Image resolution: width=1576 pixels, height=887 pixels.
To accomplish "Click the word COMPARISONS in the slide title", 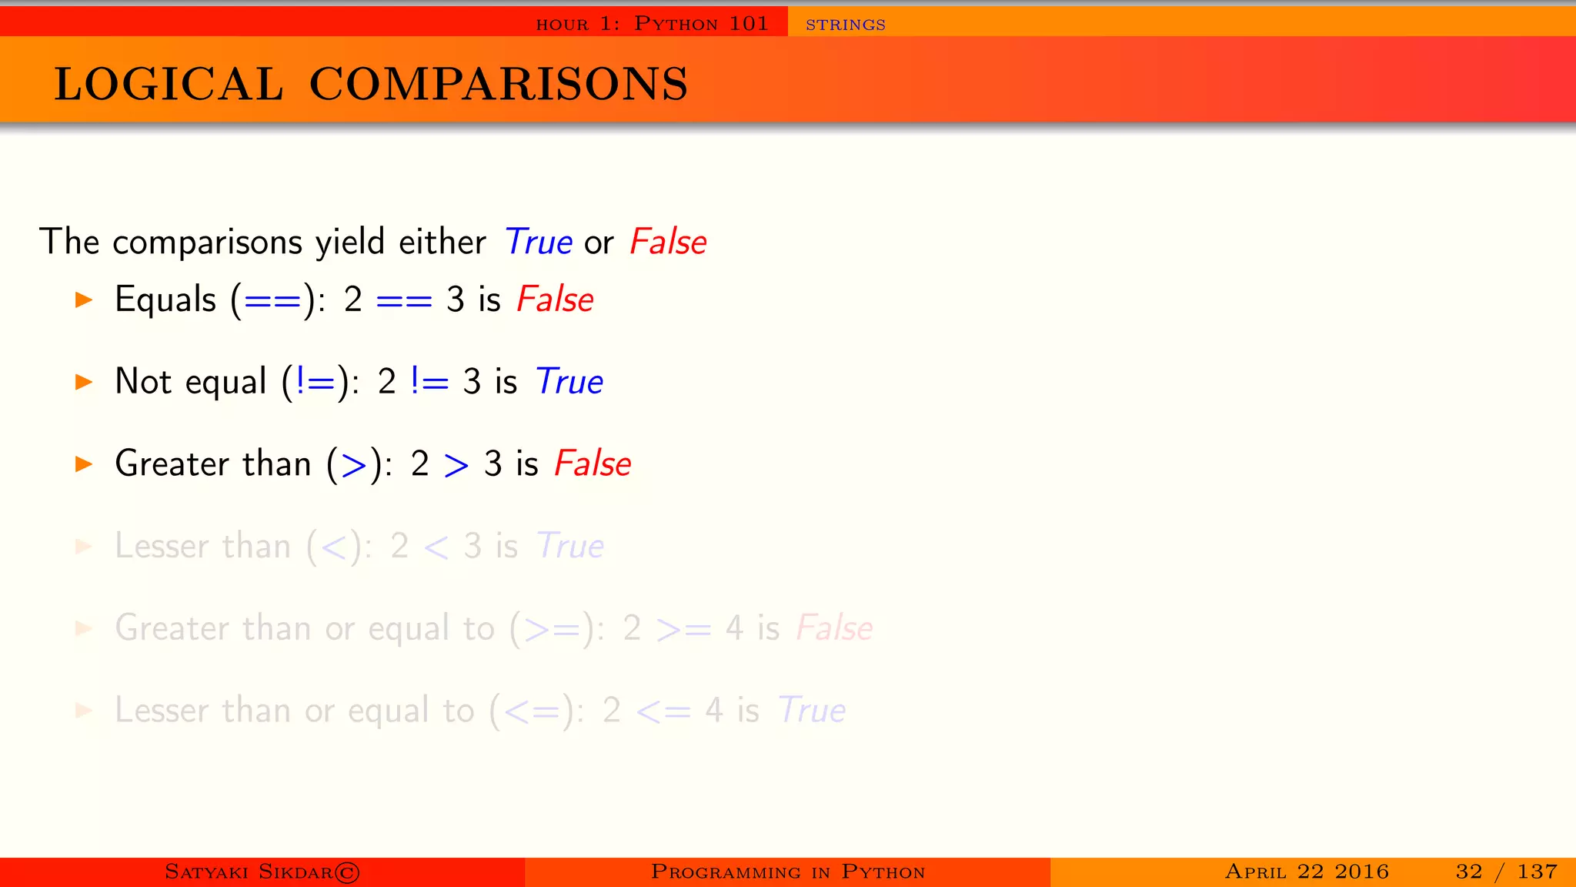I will tap(499, 84).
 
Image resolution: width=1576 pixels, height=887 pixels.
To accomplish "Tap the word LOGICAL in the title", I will tap(169, 84).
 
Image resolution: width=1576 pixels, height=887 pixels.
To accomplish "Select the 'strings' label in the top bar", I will tap(845, 25).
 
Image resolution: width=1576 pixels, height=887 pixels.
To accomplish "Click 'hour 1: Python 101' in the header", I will tap(652, 24).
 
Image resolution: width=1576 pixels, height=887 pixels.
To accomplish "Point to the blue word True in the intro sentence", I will tap(538, 243).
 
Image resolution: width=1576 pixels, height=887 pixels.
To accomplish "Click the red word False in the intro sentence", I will tap(667, 243).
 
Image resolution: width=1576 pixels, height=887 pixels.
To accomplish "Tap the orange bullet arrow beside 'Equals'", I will tap(84, 300).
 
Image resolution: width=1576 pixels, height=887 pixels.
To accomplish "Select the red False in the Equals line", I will tap(555, 300).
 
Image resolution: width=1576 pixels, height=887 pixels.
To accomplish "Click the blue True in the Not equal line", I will tap(569, 382).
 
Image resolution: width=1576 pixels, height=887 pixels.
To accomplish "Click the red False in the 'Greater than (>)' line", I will tap(593, 464).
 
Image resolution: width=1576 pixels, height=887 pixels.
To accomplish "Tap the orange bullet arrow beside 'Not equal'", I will tap(84, 382).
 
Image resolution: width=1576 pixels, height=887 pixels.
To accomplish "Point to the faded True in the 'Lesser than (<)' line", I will tap(569, 546).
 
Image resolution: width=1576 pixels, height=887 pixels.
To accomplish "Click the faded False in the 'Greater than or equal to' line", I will tap(834, 628).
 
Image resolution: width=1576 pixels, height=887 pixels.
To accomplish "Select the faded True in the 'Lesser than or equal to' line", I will tap(811, 711).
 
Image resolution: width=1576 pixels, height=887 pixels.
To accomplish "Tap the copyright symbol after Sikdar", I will tap(347, 872).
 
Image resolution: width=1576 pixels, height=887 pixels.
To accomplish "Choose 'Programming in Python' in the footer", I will tap(787, 872).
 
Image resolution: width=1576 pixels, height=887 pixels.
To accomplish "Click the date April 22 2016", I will tap(1307, 872).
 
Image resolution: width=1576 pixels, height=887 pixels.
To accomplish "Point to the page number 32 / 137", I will tap(1506, 872).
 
